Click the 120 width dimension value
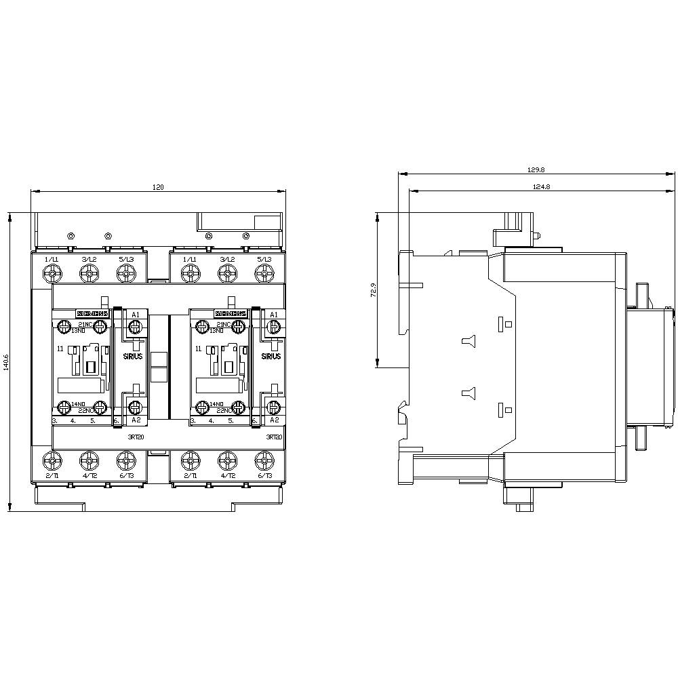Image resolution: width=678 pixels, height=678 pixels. coord(157,187)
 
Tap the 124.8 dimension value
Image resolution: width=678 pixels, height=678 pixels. coord(540,186)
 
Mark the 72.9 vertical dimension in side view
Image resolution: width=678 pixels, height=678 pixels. coord(372,291)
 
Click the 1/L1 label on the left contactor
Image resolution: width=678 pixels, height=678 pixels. coord(52,260)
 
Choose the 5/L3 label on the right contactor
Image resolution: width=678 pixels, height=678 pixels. coord(264,260)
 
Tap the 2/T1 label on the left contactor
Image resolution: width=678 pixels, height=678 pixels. coord(52,476)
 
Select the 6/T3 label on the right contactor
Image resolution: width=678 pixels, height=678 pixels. coord(264,476)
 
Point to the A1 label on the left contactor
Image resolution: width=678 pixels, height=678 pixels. coord(135,315)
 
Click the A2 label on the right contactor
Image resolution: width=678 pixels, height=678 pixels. coord(273,420)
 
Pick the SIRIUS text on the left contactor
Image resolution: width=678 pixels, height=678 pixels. coord(133,357)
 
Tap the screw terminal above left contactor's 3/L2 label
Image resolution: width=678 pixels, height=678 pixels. coord(88,273)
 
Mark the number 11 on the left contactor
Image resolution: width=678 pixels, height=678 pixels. coord(60,348)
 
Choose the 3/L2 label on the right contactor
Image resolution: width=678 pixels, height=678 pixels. coord(227,260)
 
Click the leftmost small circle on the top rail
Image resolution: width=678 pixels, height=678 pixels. coord(71,236)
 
